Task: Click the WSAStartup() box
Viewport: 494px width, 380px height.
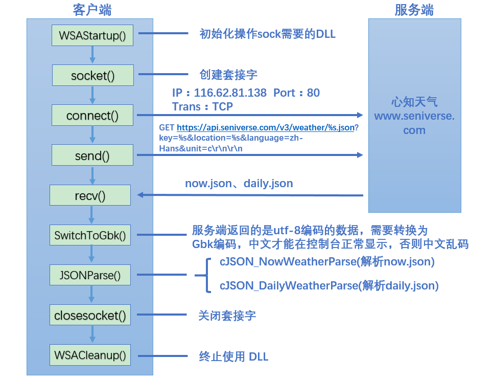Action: [92, 35]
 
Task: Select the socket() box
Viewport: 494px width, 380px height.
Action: [92, 76]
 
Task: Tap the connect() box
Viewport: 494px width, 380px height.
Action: [92, 116]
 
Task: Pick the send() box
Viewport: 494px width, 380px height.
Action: [92, 155]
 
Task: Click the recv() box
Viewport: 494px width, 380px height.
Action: [90, 195]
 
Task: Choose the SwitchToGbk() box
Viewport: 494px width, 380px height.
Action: [90, 236]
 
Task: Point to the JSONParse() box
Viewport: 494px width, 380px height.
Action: [90, 275]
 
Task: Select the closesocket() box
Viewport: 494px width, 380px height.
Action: [90, 315]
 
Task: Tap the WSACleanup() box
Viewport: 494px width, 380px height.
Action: [90, 355]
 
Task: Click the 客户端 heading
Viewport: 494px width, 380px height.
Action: [92, 10]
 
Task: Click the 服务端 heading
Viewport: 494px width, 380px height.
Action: [414, 10]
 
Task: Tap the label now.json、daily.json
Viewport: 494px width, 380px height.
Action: [239, 183]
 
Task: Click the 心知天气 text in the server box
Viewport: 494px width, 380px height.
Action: [414, 102]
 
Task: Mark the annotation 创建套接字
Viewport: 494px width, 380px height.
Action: [228, 75]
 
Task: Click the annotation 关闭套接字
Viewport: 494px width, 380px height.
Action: [227, 315]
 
